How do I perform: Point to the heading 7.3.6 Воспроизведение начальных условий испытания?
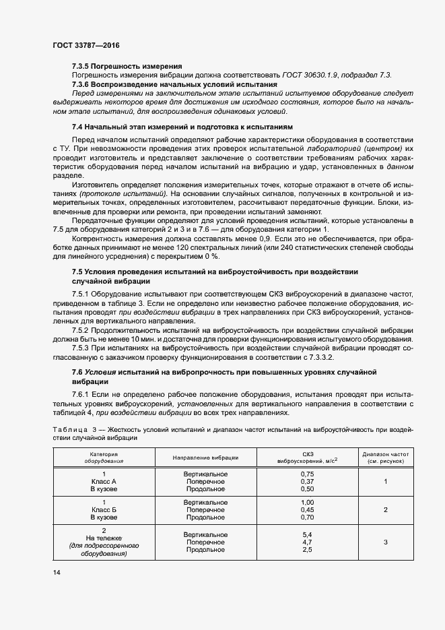pyautogui.click(x=174, y=84)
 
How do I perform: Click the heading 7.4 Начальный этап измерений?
pyautogui.click(x=182, y=127)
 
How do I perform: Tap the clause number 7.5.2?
pyautogui.click(x=82, y=330)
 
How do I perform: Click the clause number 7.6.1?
pyautogui.click(x=82, y=393)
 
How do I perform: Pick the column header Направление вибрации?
pyautogui.click(x=205, y=458)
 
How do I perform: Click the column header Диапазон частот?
pyautogui.click(x=385, y=455)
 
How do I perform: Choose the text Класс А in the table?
pyautogui.click(x=104, y=482)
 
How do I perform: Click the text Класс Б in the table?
pyautogui.click(x=104, y=511)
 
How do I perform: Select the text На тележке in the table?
pyautogui.click(x=104, y=538)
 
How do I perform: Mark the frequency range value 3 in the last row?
pyautogui.click(x=385, y=542)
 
